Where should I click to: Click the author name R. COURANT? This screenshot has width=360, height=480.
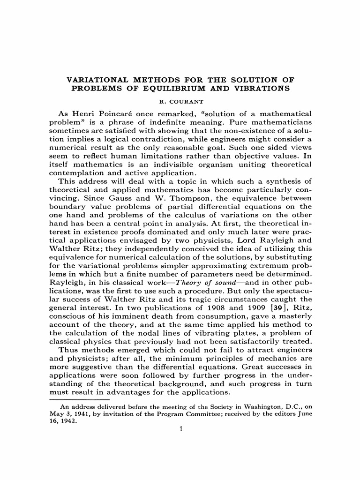(180, 100)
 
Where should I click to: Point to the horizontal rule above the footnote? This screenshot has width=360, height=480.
(80, 399)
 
